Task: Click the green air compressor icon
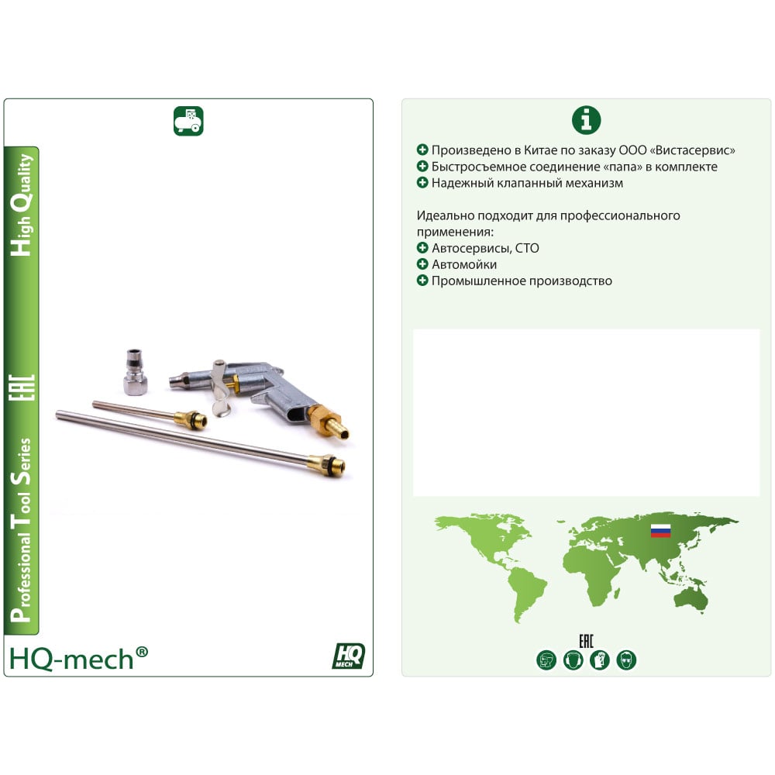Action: (x=188, y=121)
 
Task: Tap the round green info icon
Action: (x=586, y=120)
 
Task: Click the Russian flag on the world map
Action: (x=660, y=531)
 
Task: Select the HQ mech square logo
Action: (x=349, y=656)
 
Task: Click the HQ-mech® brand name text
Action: (x=78, y=659)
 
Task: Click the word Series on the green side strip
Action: (x=22, y=462)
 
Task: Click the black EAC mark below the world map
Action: (x=586, y=642)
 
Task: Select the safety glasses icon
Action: (x=626, y=660)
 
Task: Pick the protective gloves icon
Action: (x=600, y=660)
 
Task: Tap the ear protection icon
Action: (x=573, y=660)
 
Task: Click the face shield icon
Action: (x=546, y=660)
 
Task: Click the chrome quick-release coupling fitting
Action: (x=134, y=372)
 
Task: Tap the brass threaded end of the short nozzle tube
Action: (x=191, y=419)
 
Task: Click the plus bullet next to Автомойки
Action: (x=422, y=264)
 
